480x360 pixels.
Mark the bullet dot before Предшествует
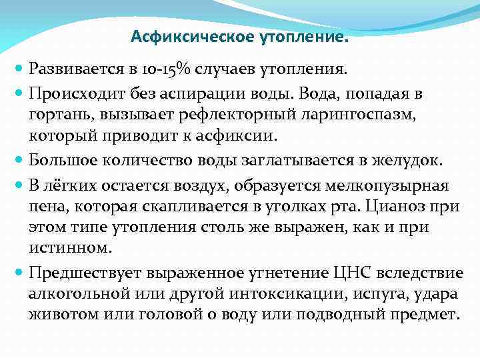point(19,273)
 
